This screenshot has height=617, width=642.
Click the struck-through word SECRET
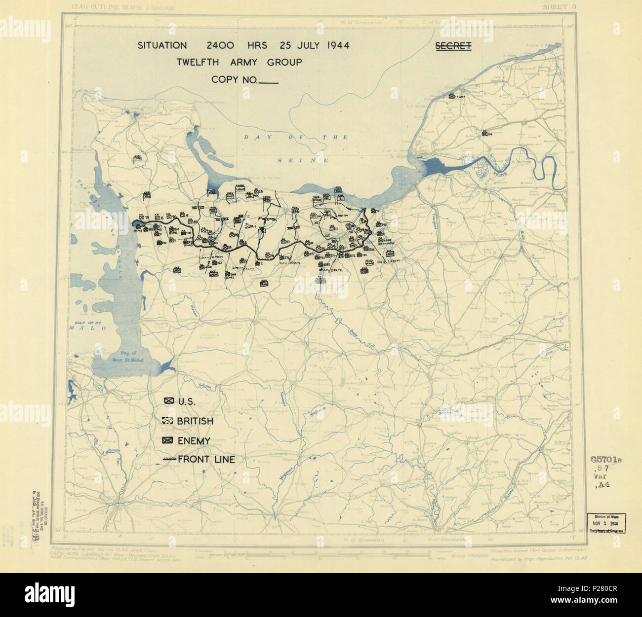[x=453, y=46]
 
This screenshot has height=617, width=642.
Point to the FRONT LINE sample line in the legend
[x=169, y=460]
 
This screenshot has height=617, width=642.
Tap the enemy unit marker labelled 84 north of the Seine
[x=485, y=133]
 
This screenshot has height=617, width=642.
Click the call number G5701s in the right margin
[x=605, y=459]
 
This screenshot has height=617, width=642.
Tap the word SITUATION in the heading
[x=162, y=46]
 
